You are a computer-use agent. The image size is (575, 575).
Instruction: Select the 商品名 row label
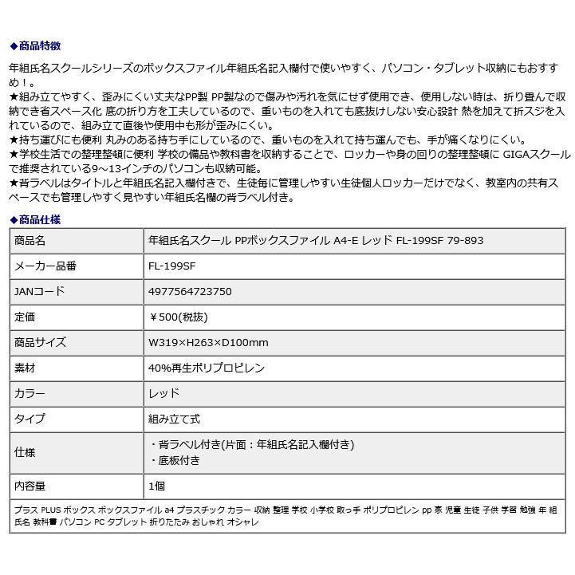30,240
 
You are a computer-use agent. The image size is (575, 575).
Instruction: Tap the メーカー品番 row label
45,266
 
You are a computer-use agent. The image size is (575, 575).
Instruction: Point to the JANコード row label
39,292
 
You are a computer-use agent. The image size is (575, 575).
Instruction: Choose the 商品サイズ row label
40,343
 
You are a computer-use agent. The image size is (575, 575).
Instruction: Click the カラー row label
30,394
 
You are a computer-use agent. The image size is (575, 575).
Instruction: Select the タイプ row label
30,419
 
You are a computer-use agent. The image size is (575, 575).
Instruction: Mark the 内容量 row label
30,485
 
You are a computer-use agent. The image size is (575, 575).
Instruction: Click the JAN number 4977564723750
191,292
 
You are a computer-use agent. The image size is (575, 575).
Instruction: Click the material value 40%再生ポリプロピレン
207,368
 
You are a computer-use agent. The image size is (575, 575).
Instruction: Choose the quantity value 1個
157,485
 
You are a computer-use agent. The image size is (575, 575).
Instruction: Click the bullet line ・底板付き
175,460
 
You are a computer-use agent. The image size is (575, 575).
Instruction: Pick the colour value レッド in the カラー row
164,394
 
